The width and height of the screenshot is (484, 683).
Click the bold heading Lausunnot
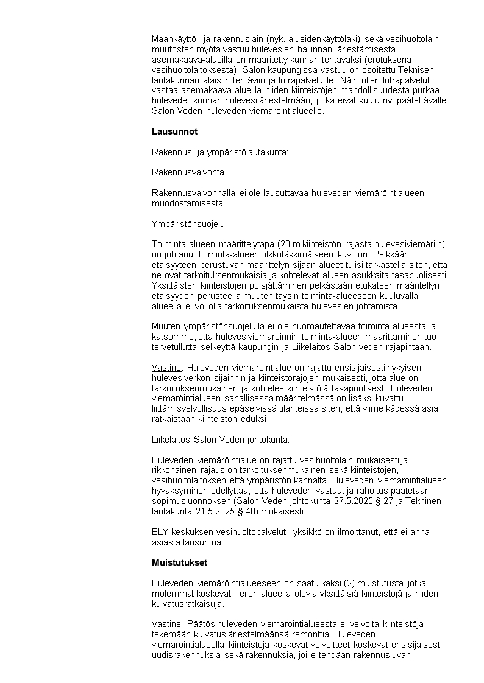tap(174, 131)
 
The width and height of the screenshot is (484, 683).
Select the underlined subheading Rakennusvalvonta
tap(188, 172)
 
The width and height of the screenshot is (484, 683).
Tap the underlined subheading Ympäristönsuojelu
tap(188, 225)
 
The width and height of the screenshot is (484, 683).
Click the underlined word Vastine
tap(166, 368)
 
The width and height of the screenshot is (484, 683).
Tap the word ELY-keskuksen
tap(182, 532)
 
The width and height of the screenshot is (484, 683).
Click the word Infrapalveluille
tap(303, 80)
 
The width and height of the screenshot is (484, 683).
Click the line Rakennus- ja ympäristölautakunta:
tap(220, 152)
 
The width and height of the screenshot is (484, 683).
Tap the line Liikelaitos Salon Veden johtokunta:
tap(221, 439)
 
